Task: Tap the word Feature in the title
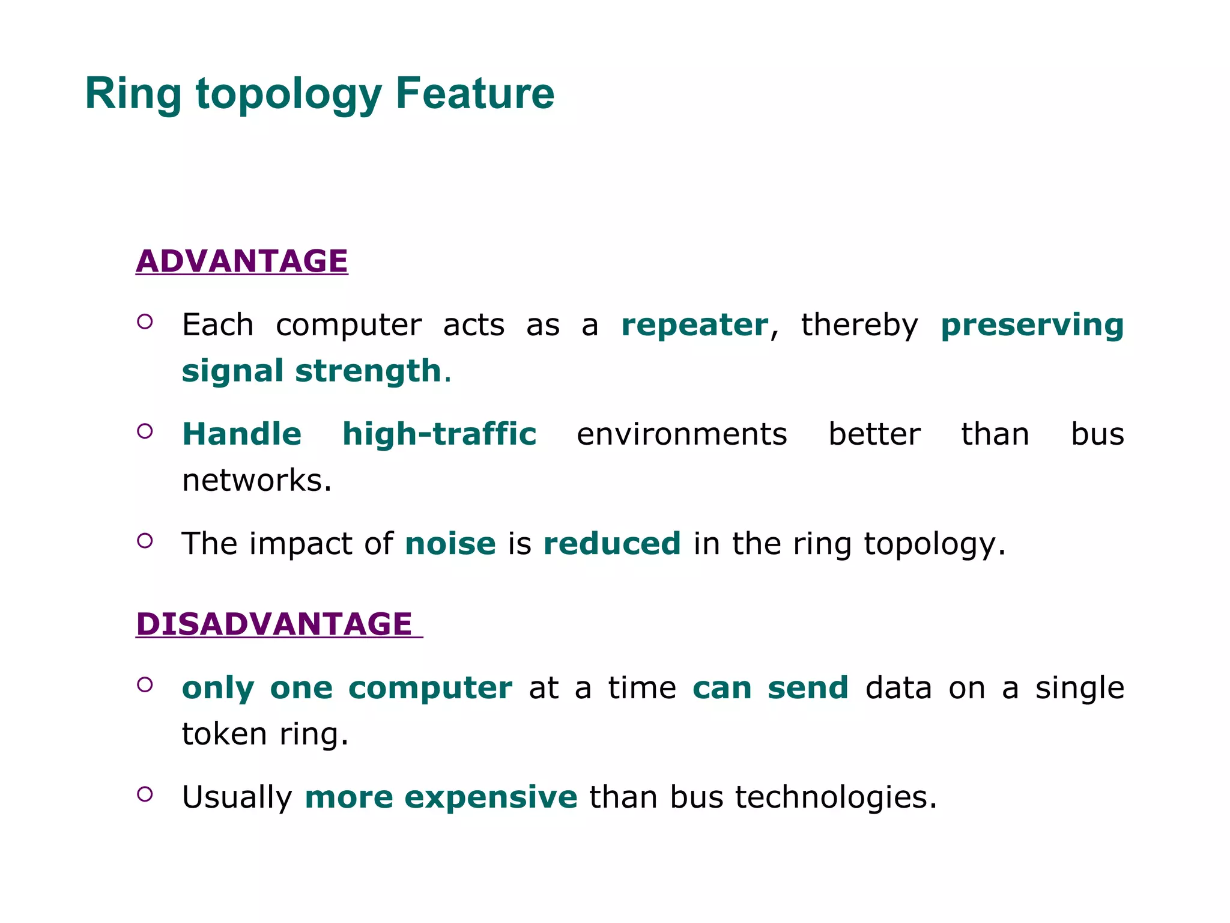coord(474,94)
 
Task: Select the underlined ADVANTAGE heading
coord(241,261)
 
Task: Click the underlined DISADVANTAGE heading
coord(274,624)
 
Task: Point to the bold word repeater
coord(694,325)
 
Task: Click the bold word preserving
coord(1031,325)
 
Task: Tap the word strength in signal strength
coord(368,371)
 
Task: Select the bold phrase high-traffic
coord(439,434)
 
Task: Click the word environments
coord(681,434)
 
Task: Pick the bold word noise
coord(450,544)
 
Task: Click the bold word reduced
coord(611,544)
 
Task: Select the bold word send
coord(808,688)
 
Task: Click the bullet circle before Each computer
coord(145,321)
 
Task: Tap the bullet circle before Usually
coord(145,794)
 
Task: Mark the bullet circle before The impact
coord(145,541)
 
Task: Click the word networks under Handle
coord(256,481)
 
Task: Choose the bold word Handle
coord(241,434)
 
